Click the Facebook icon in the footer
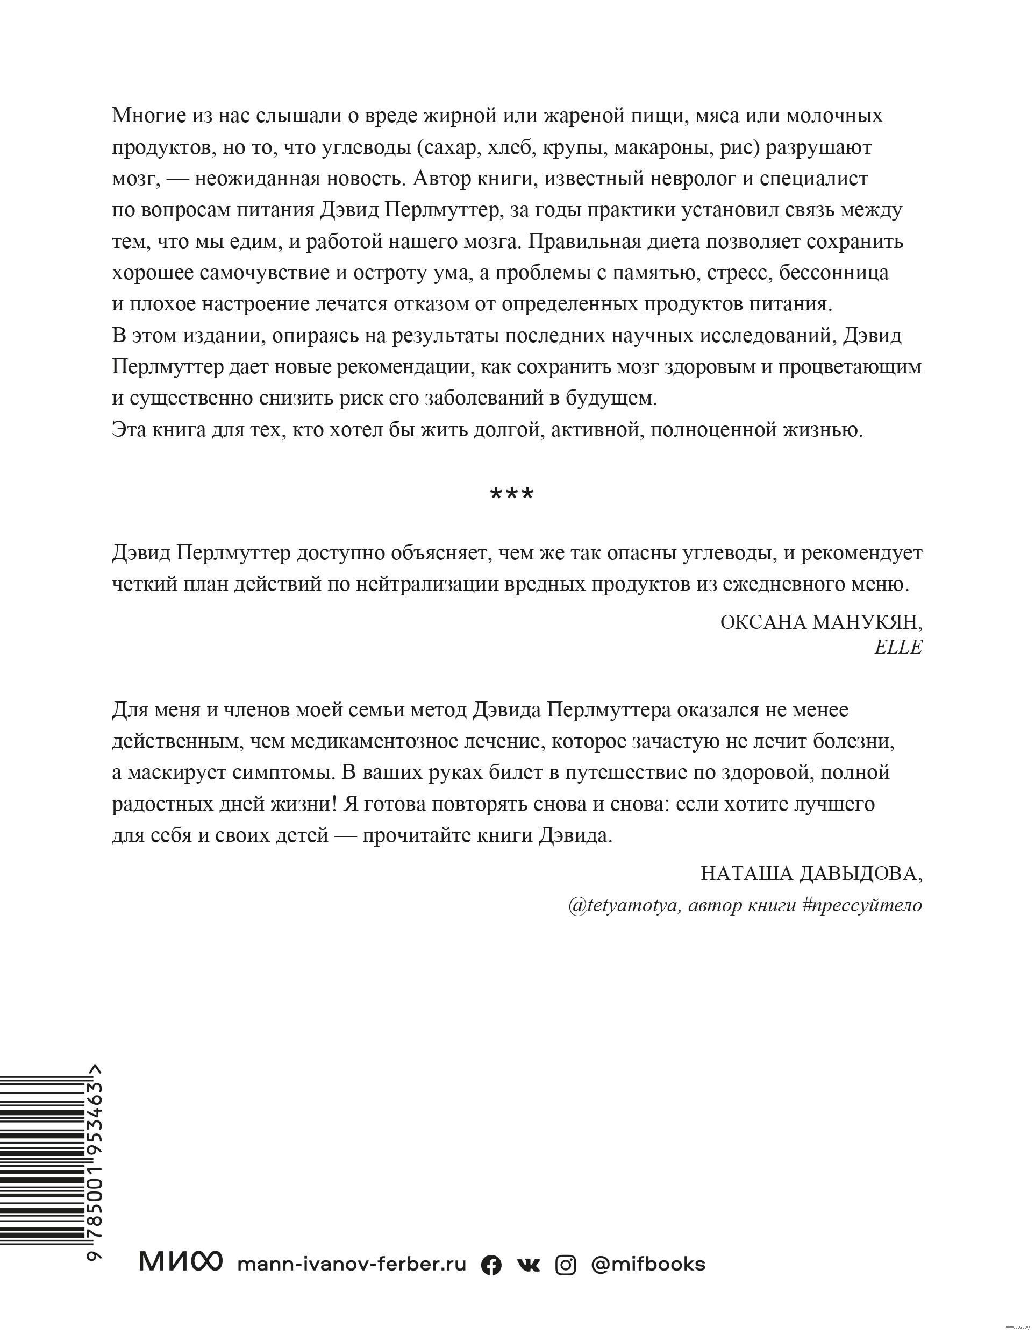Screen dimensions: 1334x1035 pyautogui.click(x=491, y=1265)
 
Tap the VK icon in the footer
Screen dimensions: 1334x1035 pyautogui.click(x=527, y=1265)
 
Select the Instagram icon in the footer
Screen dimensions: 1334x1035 pyautogui.click(x=566, y=1265)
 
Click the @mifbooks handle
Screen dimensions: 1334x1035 pyautogui.click(x=648, y=1263)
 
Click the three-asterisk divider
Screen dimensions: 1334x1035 pyautogui.click(x=512, y=494)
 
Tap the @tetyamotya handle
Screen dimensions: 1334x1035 pyautogui.click(x=623, y=905)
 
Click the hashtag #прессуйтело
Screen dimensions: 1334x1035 pyautogui.click(x=861, y=905)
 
